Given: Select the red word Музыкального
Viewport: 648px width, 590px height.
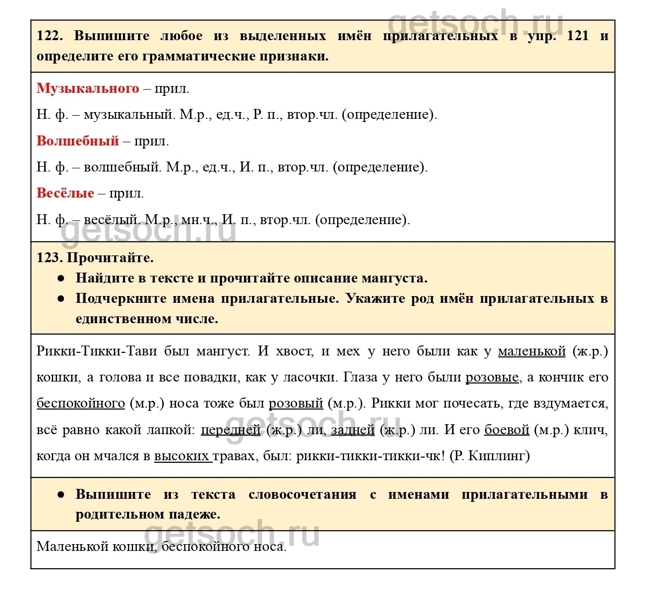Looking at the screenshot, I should tap(88, 88).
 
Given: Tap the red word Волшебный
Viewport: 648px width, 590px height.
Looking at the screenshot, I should tap(78, 141).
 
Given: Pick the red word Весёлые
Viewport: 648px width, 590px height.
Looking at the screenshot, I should tap(65, 193).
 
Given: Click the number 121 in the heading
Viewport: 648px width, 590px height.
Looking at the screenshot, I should tap(577, 36).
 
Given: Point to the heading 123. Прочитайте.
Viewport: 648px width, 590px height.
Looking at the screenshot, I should tap(95, 257).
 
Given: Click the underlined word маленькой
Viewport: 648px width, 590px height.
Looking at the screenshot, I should tap(531, 351).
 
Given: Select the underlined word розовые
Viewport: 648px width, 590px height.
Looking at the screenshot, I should tap(492, 377).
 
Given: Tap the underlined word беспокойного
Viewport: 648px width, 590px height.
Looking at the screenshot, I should tap(81, 403).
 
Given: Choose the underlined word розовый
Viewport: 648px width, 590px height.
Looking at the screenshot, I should tap(296, 403).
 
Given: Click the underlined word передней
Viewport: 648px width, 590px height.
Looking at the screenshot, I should tap(230, 429).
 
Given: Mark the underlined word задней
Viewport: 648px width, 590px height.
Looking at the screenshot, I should tap(353, 429).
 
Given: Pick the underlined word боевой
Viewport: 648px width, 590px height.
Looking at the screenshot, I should tap(506, 429).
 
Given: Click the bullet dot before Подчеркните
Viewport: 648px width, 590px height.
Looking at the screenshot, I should tap(61, 299).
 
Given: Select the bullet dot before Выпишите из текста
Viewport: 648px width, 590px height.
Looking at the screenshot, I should tap(61, 495).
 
